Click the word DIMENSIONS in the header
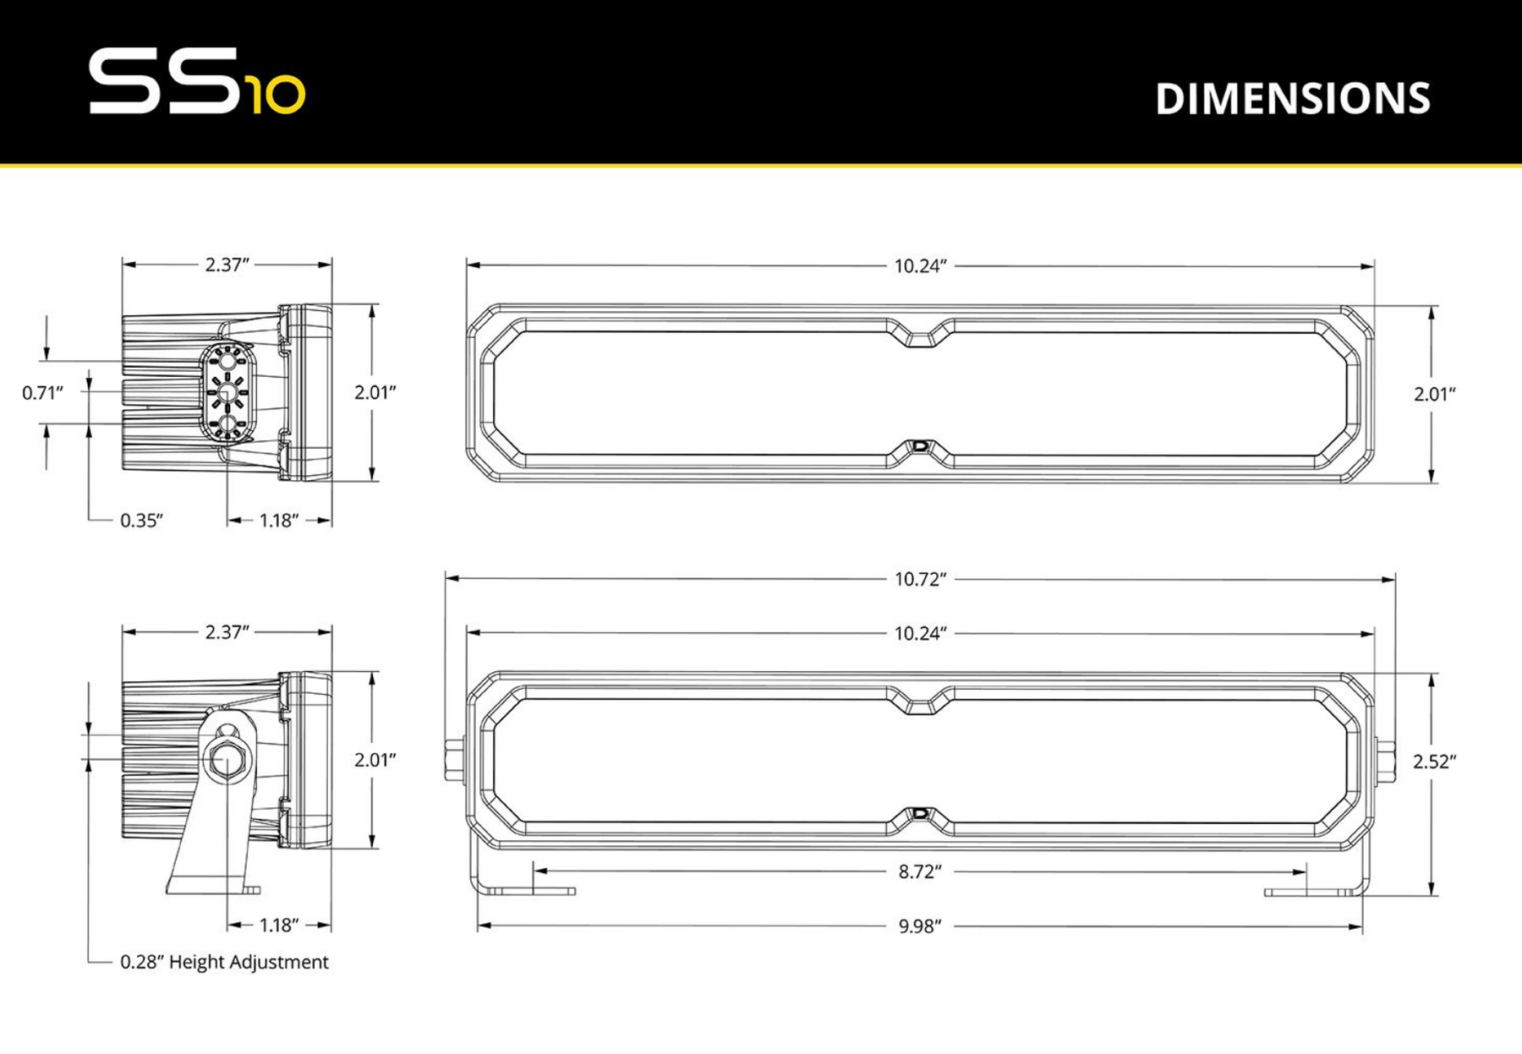tap(1292, 99)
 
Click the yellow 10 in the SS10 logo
tap(276, 95)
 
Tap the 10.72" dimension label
tap(920, 579)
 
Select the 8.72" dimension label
tap(920, 871)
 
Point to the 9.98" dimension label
tap(920, 926)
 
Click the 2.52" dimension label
tap(1434, 762)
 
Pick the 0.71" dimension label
tap(42, 392)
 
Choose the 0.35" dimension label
tap(141, 521)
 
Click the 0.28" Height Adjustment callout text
tap(224, 962)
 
